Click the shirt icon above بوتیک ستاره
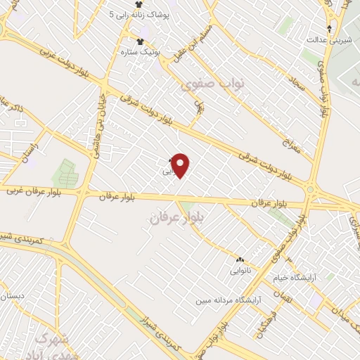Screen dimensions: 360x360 (x=141, y=41)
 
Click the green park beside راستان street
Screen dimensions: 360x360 (x=65, y=172)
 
